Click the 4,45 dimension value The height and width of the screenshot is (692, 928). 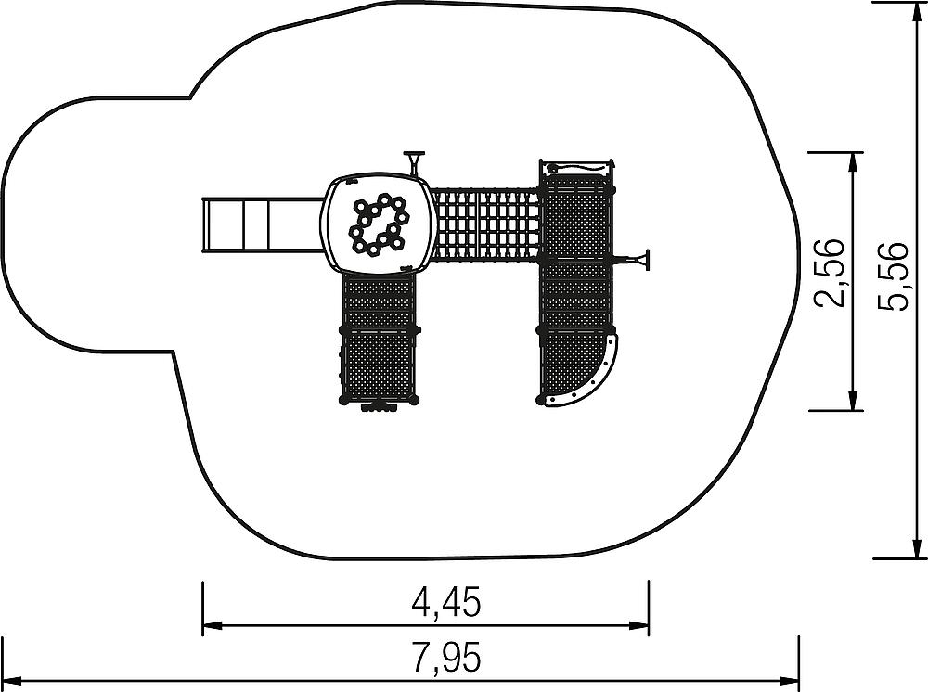pos(447,602)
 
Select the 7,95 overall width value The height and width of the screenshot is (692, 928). pos(447,657)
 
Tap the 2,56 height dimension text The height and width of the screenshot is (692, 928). pos(830,273)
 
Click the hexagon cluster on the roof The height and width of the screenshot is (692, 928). pos(379,225)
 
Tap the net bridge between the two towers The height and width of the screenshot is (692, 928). pos(484,224)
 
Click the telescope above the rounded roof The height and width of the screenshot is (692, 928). pos(414,162)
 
